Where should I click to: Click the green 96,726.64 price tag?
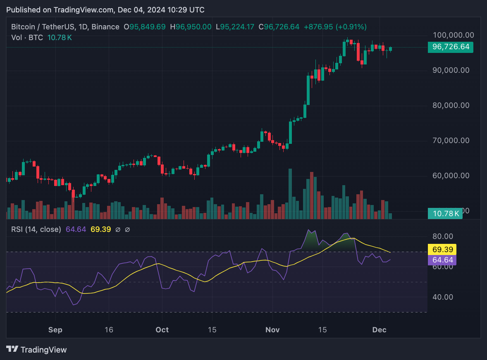(x=451, y=47)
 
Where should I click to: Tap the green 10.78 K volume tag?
(x=446, y=214)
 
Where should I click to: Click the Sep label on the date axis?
(x=55, y=330)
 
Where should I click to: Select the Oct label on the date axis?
(x=162, y=330)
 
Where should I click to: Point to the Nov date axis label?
(x=272, y=330)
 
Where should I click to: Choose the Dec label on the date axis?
(x=379, y=330)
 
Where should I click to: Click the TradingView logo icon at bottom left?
(x=12, y=349)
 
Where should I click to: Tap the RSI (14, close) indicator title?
(x=36, y=229)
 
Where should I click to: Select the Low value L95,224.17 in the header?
(x=237, y=27)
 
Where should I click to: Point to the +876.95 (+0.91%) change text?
(x=335, y=27)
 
